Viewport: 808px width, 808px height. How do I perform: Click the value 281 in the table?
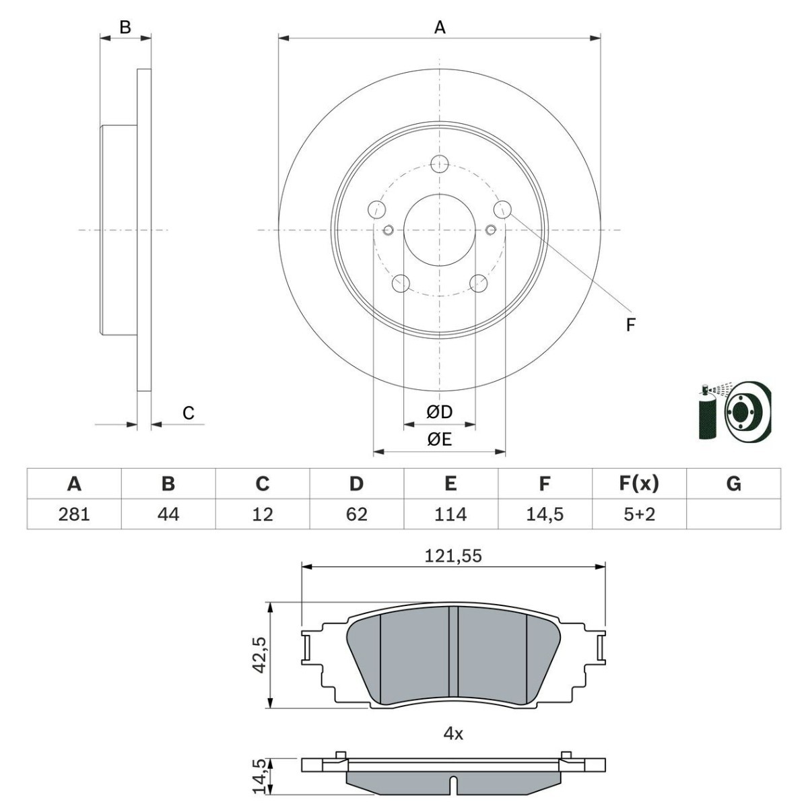pyautogui.click(x=74, y=514)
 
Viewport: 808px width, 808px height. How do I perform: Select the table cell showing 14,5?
pyautogui.click(x=545, y=514)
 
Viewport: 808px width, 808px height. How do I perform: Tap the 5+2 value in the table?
pyautogui.click(x=639, y=514)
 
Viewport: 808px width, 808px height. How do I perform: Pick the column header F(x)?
pyautogui.click(x=639, y=483)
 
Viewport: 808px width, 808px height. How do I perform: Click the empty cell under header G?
pyautogui.click(x=733, y=514)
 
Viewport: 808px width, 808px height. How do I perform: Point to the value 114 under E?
pyautogui.click(x=450, y=514)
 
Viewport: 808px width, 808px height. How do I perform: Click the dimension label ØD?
pyautogui.click(x=439, y=411)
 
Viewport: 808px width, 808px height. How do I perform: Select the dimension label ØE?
pyautogui.click(x=439, y=440)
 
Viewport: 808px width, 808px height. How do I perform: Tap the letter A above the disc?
pyautogui.click(x=440, y=28)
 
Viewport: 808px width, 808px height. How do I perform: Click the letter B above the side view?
pyautogui.click(x=125, y=28)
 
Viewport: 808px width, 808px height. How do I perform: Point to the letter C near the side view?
pyautogui.click(x=189, y=413)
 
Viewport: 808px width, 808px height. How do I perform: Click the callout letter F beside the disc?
pyautogui.click(x=630, y=325)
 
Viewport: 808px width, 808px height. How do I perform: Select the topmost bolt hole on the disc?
pyautogui.click(x=440, y=163)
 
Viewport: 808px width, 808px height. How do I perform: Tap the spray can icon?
pyautogui.click(x=706, y=414)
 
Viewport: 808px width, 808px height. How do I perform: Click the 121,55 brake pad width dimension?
pyautogui.click(x=453, y=556)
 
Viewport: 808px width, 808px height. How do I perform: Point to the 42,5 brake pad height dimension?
pyautogui.click(x=259, y=654)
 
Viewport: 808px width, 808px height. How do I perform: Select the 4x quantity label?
pyautogui.click(x=453, y=734)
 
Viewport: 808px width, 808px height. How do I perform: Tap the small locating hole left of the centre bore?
pyautogui.click(x=388, y=231)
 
